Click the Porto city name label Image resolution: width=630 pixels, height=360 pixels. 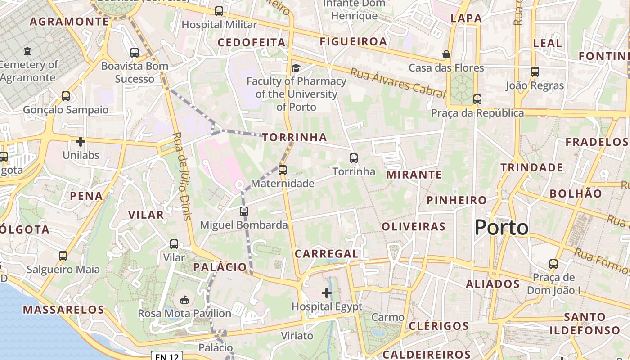coord(501,227)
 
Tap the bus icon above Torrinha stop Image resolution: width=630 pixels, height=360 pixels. coord(354,158)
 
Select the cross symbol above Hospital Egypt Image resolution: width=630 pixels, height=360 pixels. coord(327,293)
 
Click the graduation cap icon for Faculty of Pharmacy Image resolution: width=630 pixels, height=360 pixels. coord(296,68)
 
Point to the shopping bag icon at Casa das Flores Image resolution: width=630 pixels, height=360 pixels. coord(446,54)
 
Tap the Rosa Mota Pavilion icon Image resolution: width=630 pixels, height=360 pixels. coord(184,300)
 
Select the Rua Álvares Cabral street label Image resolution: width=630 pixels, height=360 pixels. coord(398,83)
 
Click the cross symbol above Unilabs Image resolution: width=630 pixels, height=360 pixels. coord(81,142)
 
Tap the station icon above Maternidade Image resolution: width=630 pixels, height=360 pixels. coord(283,170)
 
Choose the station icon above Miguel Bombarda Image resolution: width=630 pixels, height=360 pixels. coord(244,211)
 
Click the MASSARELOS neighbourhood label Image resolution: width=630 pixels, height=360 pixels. coord(63,310)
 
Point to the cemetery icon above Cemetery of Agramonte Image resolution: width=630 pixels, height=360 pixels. coord(28,51)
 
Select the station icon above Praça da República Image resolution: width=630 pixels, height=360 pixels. coord(477,99)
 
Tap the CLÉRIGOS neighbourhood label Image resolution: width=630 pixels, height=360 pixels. coord(439,326)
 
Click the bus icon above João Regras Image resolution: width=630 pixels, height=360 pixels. coord(535,72)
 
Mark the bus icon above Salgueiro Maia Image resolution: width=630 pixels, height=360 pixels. coord(63,256)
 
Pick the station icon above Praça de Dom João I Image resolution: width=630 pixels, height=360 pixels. coord(553,264)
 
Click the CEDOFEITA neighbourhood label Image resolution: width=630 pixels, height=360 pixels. coord(252,43)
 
